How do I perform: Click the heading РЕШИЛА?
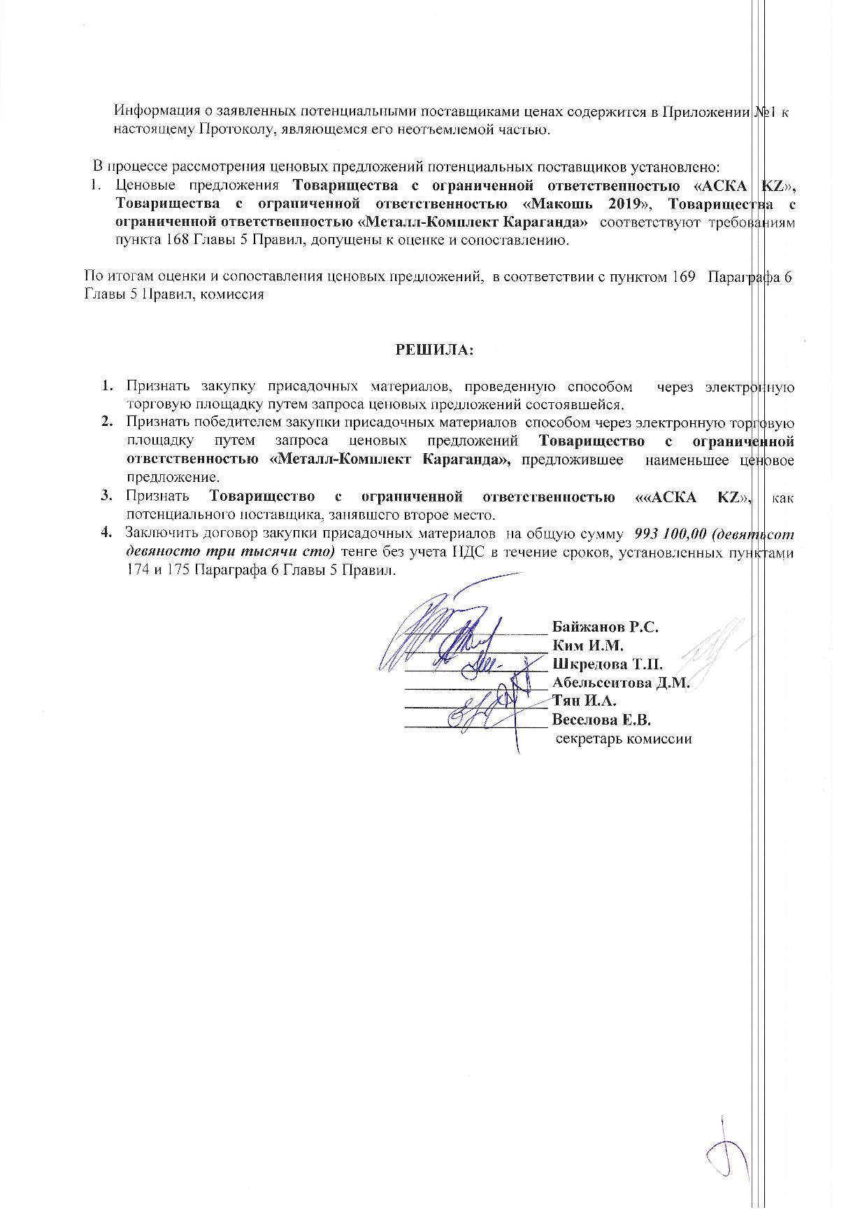434,350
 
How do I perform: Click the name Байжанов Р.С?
606,627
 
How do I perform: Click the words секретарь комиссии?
624,739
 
